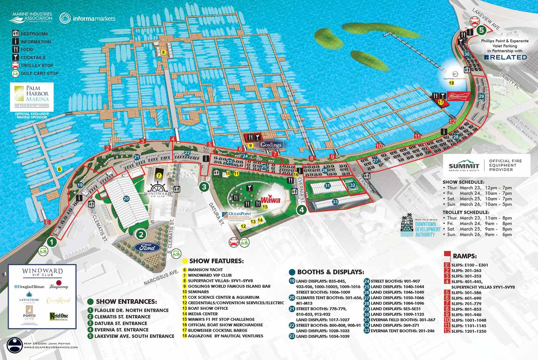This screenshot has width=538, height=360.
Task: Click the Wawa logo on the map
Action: (x=270, y=200)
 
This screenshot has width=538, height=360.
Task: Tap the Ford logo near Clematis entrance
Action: (x=147, y=247)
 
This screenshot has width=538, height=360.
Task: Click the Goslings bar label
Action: (x=271, y=145)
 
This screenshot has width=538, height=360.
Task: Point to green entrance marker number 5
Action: (x=481, y=31)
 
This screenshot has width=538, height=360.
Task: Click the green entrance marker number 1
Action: (x=52, y=242)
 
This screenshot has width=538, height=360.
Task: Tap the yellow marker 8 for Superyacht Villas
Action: (x=163, y=52)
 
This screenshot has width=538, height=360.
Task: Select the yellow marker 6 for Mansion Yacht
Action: (x=60, y=169)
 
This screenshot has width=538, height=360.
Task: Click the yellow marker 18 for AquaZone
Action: (x=451, y=83)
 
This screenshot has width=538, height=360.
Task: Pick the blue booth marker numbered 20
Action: (x=126, y=198)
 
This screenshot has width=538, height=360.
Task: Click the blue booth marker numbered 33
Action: (x=335, y=202)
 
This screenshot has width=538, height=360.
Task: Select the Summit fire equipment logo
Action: (x=464, y=166)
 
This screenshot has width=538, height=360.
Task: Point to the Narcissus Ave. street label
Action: (x=161, y=277)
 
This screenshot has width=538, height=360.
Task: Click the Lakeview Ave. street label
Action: (x=486, y=19)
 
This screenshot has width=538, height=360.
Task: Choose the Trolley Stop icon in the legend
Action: (x=15, y=65)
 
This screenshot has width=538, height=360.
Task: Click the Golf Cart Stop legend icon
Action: (x=15, y=73)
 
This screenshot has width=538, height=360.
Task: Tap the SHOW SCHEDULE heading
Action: (x=463, y=182)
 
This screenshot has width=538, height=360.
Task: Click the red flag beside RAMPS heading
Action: (x=447, y=255)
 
